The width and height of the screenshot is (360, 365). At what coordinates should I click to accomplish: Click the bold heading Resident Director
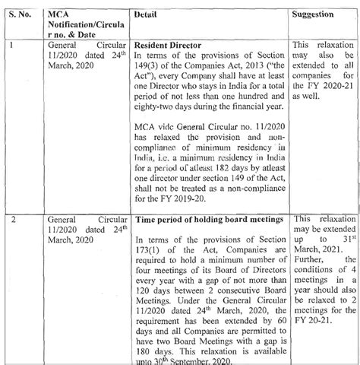[180, 45]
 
